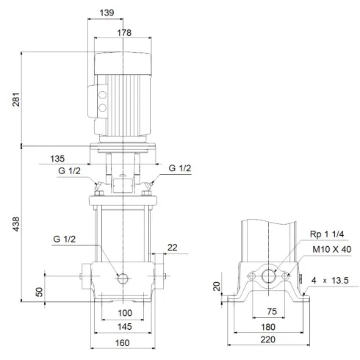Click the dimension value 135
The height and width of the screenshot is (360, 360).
(x=79, y=158)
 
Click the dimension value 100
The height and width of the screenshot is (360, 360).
(x=122, y=314)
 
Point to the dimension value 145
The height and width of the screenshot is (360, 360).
(x=122, y=326)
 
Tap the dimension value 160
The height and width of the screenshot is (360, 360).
(x=122, y=343)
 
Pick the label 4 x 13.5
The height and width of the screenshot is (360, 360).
(x=330, y=279)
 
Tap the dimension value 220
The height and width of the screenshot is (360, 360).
(x=268, y=340)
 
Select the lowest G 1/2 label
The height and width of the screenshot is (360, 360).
(x=64, y=240)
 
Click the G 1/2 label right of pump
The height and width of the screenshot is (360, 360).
(x=180, y=169)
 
